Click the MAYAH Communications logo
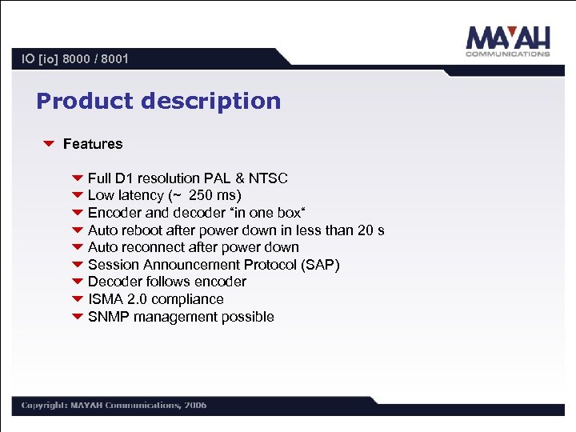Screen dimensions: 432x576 507,42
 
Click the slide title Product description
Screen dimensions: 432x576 158,102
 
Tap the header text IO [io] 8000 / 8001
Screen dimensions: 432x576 75,58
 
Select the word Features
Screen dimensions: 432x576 93,144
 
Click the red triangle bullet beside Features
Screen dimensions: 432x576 48,144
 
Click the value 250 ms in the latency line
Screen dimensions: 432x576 215,196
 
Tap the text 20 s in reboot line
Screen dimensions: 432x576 370,230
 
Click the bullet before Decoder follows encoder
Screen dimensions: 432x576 77,282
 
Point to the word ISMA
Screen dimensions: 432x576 106,299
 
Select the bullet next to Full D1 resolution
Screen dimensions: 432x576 77,178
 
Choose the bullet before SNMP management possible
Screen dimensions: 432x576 77,317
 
